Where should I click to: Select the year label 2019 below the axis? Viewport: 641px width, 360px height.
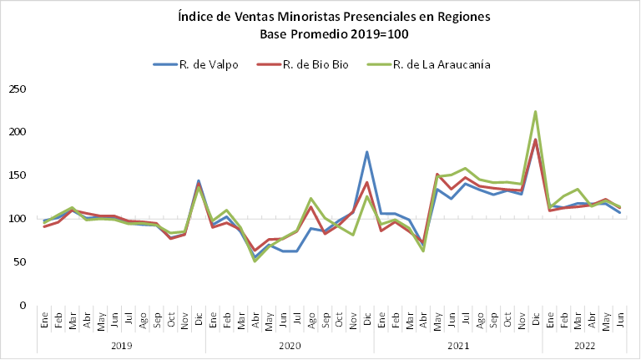pyautogui.click(x=121, y=345)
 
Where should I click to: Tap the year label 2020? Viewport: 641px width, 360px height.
pyautogui.click(x=290, y=345)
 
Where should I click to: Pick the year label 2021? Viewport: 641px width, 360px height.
pyautogui.click(x=458, y=345)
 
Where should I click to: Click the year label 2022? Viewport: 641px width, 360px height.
pyautogui.click(x=584, y=345)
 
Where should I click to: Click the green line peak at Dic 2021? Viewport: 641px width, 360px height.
pyautogui.click(x=535, y=111)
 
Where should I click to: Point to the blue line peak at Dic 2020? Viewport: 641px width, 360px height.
pyautogui.click(x=367, y=152)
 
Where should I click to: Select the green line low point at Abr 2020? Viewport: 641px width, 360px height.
pyautogui.click(x=255, y=261)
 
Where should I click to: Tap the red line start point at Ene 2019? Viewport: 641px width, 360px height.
pyautogui.click(x=44, y=226)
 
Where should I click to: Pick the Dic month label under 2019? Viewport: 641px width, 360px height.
pyautogui.click(x=199, y=318)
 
